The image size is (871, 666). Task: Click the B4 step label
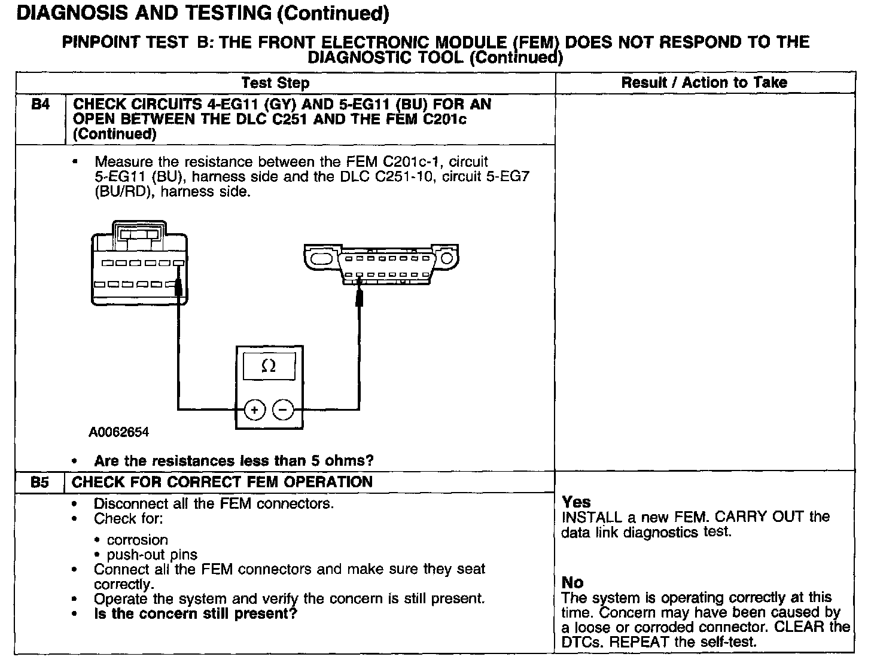(x=40, y=105)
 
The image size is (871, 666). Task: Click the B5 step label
(x=40, y=482)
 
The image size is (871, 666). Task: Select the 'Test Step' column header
(x=275, y=83)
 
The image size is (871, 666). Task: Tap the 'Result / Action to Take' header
(x=704, y=83)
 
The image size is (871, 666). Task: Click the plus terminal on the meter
(x=255, y=410)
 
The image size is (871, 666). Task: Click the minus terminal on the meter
(x=283, y=410)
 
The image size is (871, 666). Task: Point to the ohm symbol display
(x=269, y=366)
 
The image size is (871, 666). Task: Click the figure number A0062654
(x=119, y=432)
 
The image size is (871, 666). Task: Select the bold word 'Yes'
(x=576, y=502)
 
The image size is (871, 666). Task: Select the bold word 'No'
(x=572, y=583)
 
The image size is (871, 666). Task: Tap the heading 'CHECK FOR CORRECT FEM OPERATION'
(x=222, y=482)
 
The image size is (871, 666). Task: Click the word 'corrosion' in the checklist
(x=138, y=540)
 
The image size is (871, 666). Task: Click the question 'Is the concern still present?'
(x=196, y=614)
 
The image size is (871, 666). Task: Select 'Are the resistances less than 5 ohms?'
(x=234, y=461)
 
